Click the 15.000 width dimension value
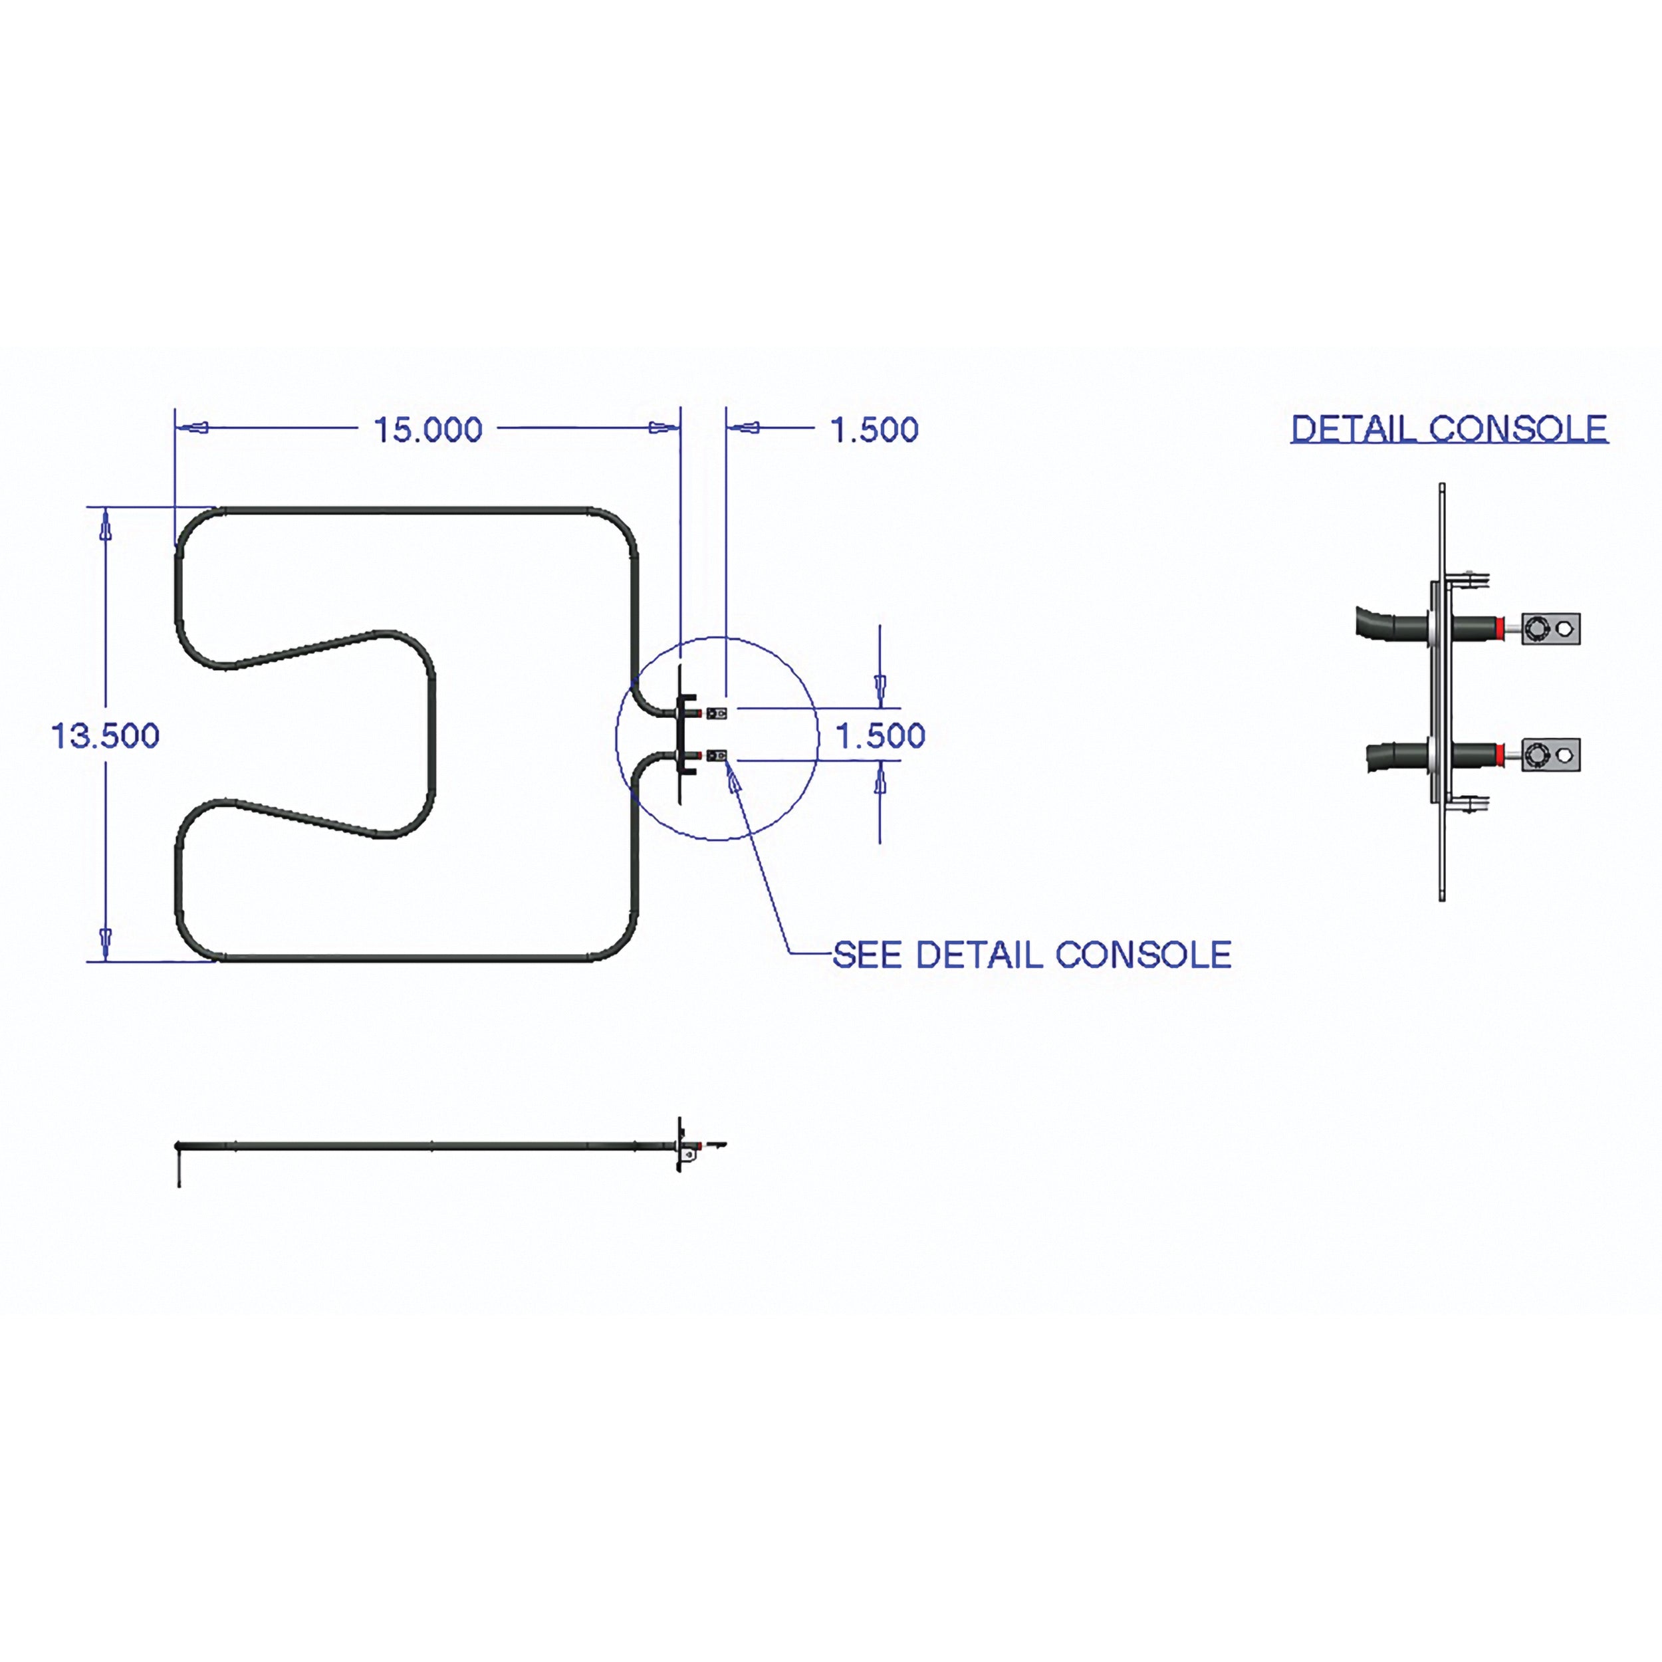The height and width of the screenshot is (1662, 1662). click(x=427, y=429)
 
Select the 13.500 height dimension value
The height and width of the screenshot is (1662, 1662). click(x=106, y=737)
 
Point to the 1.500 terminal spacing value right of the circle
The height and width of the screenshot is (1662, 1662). click(x=881, y=737)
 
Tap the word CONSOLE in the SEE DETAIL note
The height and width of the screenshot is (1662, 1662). click(x=1143, y=955)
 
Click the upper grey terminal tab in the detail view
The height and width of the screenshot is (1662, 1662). click(x=1551, y=629)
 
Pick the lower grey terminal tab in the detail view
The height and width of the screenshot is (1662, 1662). click(x=1551, y=755)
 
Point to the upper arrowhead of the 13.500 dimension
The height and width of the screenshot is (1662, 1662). click(x=106, y=526)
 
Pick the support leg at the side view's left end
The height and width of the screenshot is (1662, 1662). click(x=178, y=1165)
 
